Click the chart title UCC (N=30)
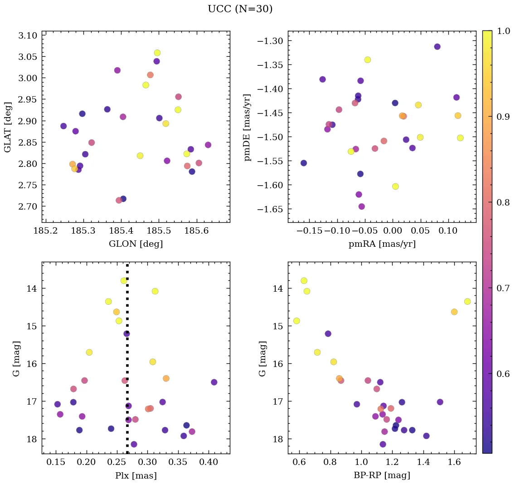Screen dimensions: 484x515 click(240, 9)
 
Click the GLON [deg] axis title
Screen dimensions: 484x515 click(136, 244)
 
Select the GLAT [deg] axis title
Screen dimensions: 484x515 click(8, 127)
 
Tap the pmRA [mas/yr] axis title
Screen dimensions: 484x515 click(382, 244)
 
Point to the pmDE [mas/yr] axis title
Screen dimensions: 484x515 click(248, 127)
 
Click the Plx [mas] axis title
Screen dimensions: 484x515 click(136, 475)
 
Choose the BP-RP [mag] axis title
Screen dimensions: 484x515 click(382, 475)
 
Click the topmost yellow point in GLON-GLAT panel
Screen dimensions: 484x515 click(157, 53)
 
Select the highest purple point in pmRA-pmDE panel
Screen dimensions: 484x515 click(437, 47)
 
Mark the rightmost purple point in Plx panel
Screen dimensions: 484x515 click(214, 382)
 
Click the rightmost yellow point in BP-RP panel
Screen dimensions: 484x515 click(467, 301)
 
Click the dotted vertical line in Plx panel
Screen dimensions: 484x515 click(127, 363)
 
